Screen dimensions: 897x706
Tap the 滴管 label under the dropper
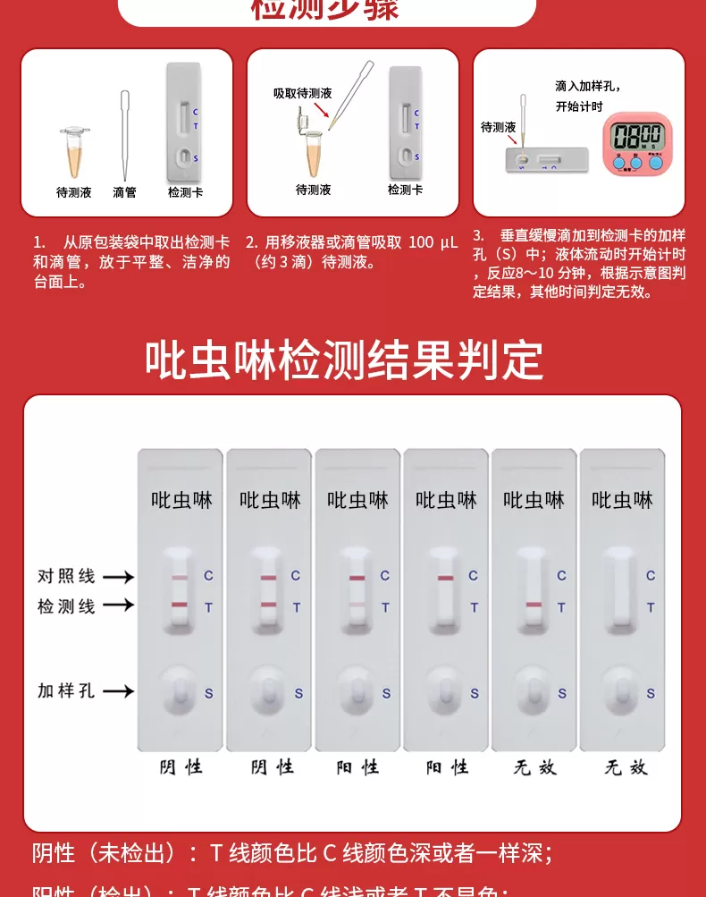[125, 191]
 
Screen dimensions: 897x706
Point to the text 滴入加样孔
[587, 86]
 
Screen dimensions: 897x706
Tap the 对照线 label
[66, 576]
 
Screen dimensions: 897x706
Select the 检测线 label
[66, 605]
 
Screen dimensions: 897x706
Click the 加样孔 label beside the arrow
[66, 690]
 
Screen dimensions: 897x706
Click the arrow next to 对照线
[118, 577]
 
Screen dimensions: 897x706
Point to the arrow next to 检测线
[118, 606]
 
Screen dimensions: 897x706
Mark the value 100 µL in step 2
[433, 242]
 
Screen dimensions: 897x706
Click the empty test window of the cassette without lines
[621, 591]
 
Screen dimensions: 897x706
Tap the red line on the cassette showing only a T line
[534, 606]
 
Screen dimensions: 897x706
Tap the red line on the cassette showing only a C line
[445, 578]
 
